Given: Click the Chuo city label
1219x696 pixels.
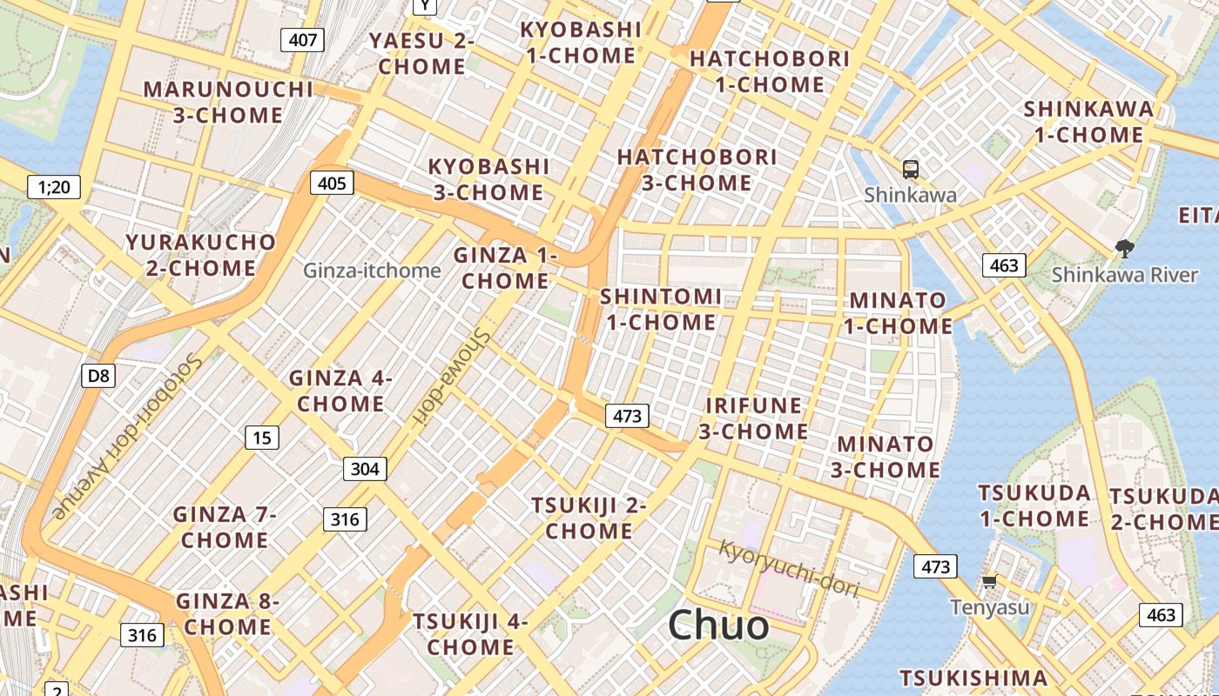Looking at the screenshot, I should click(718, 625).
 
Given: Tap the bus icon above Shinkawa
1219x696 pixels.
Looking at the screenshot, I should click(910, 169).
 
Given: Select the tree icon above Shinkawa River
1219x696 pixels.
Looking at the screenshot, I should click(1124, 248).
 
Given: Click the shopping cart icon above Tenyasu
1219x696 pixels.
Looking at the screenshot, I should click(989, 581).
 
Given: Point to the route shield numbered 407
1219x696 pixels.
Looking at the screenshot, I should click(303, 39).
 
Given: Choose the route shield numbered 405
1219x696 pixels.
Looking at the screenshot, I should click(332, 183).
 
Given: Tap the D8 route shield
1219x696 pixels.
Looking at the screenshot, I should click(99, 375).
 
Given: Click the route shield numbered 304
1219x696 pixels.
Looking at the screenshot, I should click(365, 469).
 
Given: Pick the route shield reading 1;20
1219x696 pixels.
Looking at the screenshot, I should click(54, 186).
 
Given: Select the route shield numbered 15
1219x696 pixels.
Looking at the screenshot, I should click(262, 437).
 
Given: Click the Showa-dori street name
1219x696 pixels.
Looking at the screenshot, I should click(449, 378).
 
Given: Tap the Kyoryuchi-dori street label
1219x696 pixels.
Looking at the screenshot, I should click(789, 568).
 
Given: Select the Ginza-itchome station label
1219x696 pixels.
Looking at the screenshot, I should click(372, 271).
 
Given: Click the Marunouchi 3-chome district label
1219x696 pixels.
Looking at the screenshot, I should click(228, 102).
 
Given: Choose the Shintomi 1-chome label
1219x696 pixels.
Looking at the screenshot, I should click(661, 309).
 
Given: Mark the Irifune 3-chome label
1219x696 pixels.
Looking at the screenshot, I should click(753, 418).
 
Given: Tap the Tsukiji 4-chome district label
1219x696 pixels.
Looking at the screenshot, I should click(470, 634).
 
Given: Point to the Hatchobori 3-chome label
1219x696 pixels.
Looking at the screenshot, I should click(697, 170).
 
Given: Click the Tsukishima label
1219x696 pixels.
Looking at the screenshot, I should click(973, 678).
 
